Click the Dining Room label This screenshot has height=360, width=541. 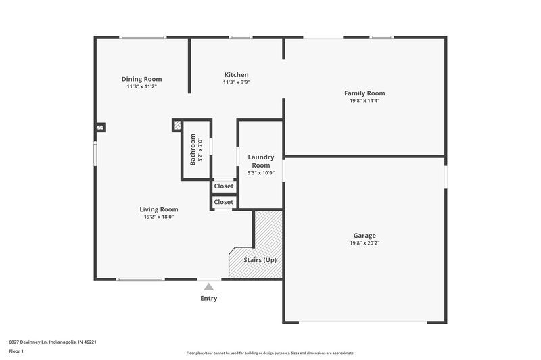click(x=141, y=79)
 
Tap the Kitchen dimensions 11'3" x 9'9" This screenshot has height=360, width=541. click(x=236, y=82)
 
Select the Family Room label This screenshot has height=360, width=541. click(x=364, y=93)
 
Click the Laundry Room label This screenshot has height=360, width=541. click(x=260, y=161)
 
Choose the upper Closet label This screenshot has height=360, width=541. click(x=223, y=186)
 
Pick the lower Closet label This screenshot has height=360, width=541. click(x=223, y=202)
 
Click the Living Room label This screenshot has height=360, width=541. click(x=159, y=209)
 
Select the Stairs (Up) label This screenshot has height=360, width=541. click(x=260, y=260)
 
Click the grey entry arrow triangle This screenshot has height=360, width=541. click(x=209, y=287)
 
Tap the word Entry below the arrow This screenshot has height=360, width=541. click(x=209, y=298)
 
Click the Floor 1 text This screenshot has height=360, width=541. click(x=17, y=352)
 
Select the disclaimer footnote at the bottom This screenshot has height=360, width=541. click(x=270, y=353)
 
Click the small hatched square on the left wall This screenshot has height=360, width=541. click(x=100, y=126)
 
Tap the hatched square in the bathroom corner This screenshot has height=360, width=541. click(x=177, y=125)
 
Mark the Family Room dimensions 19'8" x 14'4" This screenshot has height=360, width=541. click(x=364, y=101)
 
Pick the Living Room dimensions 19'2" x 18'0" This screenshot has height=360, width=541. click(x=159, y=217)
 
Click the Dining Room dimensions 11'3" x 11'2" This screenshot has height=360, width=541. click(x=141, y=86)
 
